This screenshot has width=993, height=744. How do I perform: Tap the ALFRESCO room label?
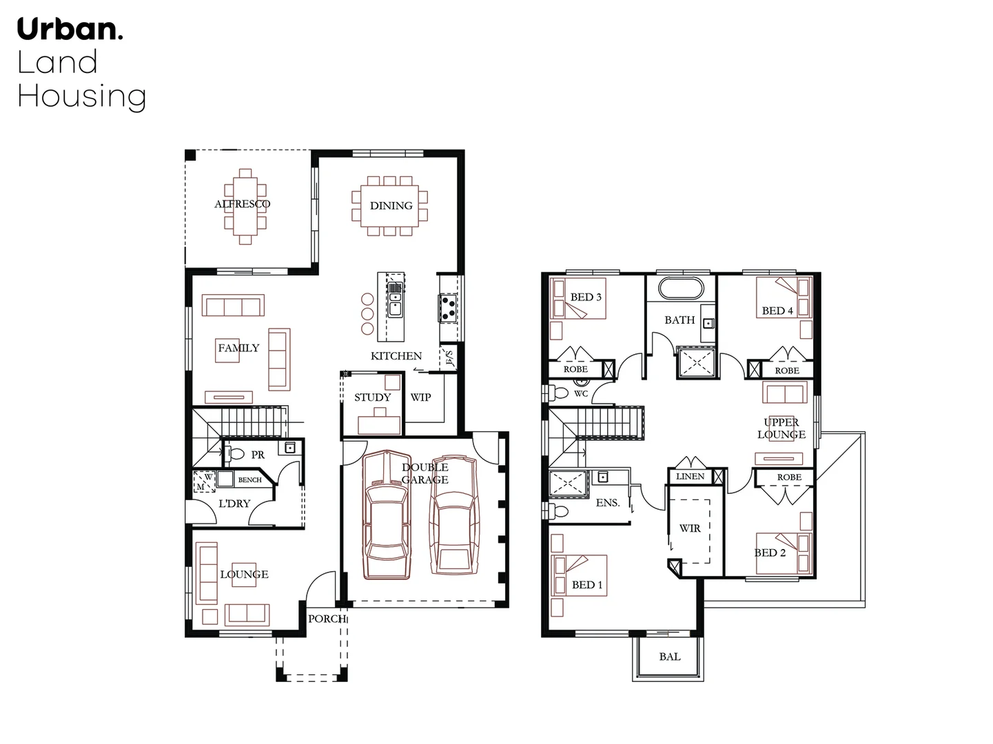(242, 204)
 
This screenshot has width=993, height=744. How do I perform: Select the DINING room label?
(391, 205)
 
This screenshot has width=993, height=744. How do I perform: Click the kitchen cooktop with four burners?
(448, 308)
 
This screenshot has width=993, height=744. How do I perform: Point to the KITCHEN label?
(396, 356)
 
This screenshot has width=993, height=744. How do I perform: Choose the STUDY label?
(372, 397)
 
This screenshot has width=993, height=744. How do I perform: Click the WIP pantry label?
(420, 397)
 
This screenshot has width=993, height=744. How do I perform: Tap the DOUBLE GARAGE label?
(424, 473)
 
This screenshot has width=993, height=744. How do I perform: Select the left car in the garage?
(386, 517)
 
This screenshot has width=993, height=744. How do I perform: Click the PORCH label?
(327, 619)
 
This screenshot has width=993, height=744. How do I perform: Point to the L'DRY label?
(234, 504)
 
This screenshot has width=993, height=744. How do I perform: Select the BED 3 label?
(586, 297)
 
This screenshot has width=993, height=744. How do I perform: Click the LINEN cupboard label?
(690, 477)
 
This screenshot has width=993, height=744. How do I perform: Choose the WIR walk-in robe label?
(690, 528)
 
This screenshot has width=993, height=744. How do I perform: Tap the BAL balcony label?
(669, 657)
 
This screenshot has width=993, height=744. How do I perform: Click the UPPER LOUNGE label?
(781, 428)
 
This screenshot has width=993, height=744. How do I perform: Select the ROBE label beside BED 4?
(787, 371)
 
